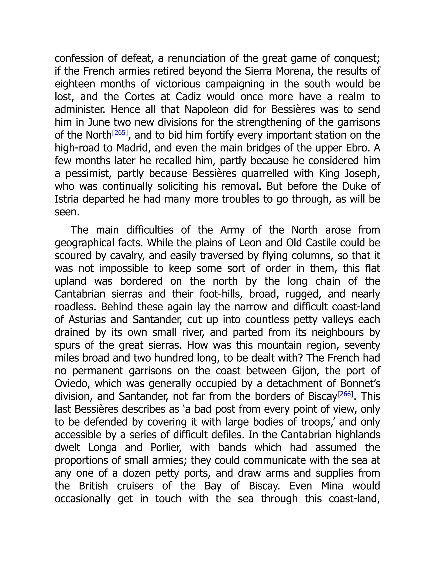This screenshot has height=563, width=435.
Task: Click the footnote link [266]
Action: (x=345, y=394)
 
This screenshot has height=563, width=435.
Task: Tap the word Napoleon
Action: (x=206, y=110)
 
